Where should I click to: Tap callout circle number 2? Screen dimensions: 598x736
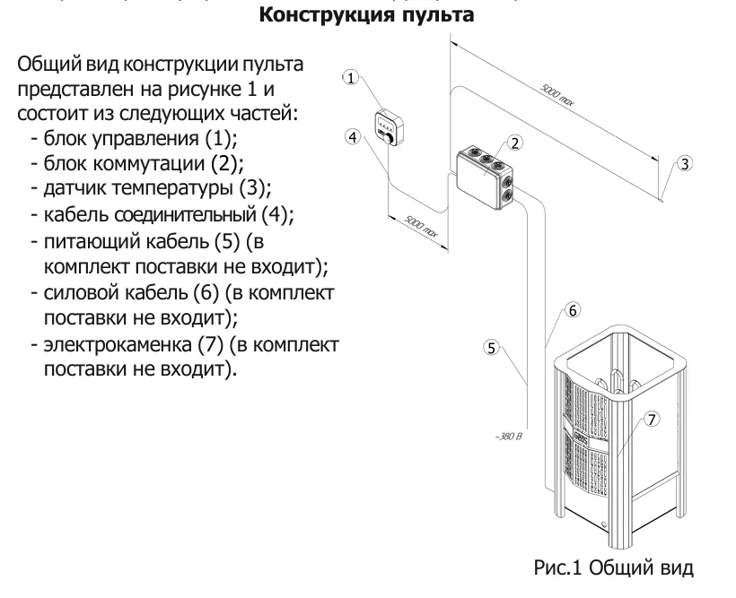point(515,143)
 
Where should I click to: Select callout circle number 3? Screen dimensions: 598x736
point(685,164)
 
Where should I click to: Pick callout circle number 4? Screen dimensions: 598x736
point(354,137)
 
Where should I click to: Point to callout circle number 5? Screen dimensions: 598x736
point(491,348)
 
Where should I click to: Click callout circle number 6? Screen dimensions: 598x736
point(573,310)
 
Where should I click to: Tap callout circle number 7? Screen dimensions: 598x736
point(652,419)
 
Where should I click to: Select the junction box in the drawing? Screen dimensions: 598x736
point(485,174)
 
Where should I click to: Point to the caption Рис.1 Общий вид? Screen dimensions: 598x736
point(613,568)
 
